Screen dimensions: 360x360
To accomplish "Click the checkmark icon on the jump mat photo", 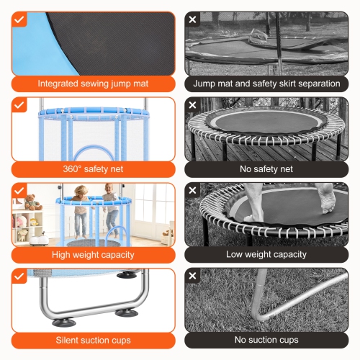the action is (19, 19).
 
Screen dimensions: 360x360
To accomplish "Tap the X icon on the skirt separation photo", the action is (192, 19).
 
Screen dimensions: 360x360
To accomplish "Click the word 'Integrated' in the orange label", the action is (58, 84).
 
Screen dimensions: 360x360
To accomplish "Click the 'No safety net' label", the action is (266, 169).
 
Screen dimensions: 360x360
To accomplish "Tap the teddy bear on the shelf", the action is (33, 202).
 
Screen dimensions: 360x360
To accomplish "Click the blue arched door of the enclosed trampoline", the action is (94, 153).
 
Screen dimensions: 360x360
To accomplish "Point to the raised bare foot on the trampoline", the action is (326, 198).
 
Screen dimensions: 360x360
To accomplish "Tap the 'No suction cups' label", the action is (266, 340).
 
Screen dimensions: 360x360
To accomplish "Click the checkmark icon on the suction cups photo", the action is (19, 276).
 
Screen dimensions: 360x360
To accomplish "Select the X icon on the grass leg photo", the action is (192, 276).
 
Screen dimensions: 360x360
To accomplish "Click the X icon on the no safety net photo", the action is (192, 105).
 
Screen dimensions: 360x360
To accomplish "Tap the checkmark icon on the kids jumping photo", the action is (19, 191).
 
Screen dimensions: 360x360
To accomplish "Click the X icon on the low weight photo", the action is (192, 190).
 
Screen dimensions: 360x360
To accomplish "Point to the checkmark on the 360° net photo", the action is (19, 105).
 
